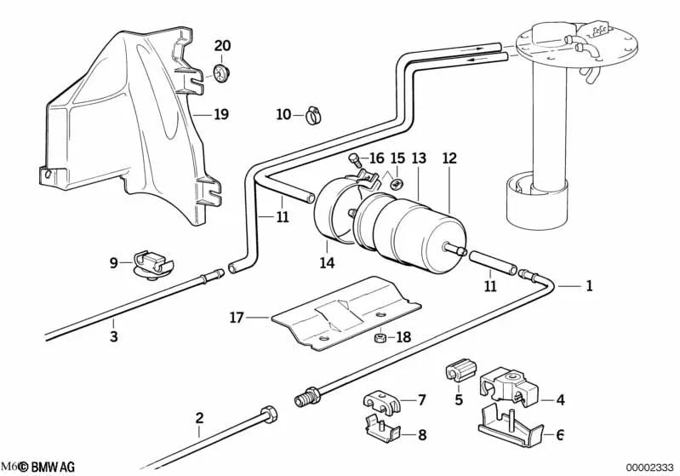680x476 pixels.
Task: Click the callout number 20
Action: (221, 45)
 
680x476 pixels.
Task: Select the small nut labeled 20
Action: (221, 71)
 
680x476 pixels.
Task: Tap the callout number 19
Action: (220, 113)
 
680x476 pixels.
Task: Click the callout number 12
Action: (449, 158)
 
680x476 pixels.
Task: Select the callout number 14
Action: (328, 263)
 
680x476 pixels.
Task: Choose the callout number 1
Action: (588, 286)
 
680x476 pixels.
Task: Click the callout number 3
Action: (113, 336)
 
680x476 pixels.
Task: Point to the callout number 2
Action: (199, 418)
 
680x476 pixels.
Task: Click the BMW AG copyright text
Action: (47, 467)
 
